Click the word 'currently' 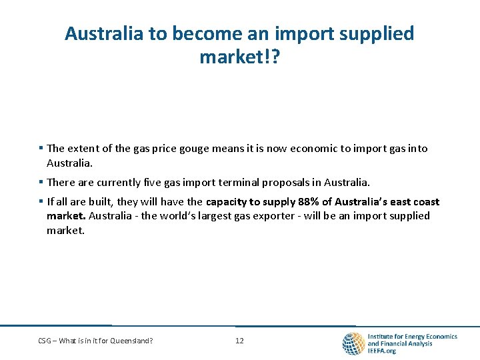click(127, 182)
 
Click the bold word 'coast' click(425, 202)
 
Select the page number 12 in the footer click(239, 341)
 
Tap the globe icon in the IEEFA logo click(353, 343)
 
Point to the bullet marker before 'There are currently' click(41, 182)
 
